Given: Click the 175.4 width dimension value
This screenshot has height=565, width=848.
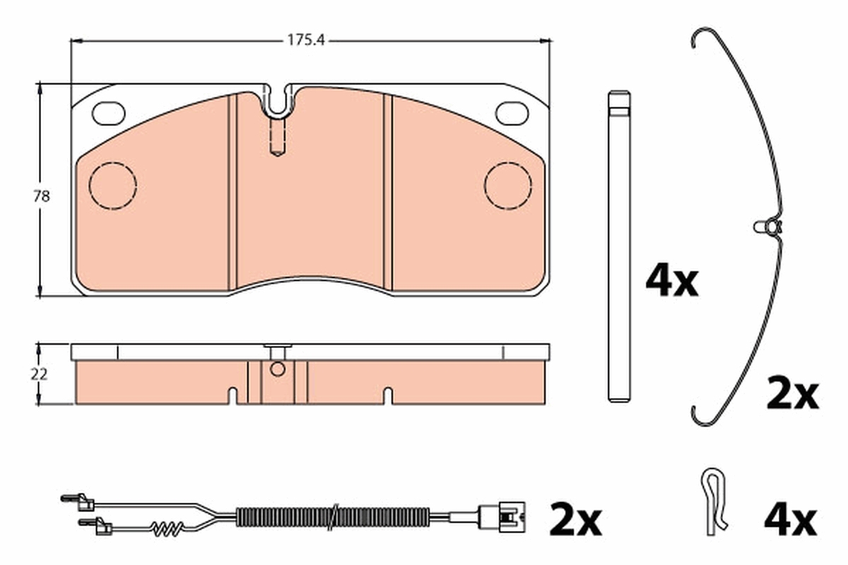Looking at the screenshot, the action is coord(306,40).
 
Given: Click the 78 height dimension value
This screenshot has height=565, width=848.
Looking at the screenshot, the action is coord(41,196).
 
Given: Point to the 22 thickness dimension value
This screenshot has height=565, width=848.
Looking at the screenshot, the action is coord(39,374).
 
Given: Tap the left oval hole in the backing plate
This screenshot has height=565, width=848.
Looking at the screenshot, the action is coord(109,114).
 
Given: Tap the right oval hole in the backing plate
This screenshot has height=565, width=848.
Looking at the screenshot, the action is coord(512,114).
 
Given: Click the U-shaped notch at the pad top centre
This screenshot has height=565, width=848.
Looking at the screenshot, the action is coord(278,113).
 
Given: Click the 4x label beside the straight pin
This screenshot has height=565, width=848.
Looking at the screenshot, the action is coord(671,283).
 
